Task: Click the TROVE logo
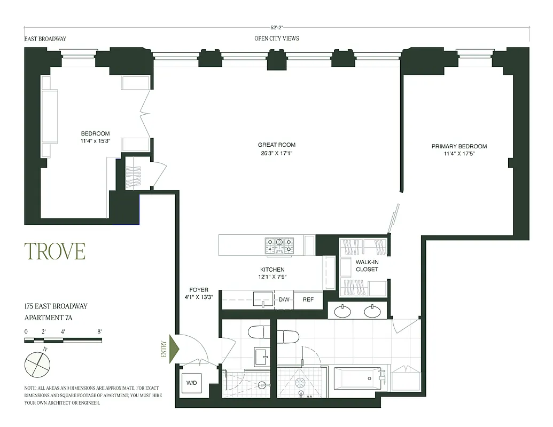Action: tap(54, 251)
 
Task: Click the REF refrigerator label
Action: tap(308, 300)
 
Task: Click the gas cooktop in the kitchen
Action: tap(279, 245)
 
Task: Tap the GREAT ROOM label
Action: tap(276, 145)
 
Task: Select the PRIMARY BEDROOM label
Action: tap(459, 146)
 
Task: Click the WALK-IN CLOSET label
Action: tap(367, 266)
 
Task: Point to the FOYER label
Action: tap(198, 290)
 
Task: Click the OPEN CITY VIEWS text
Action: tap(276, 38)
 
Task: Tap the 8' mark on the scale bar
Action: tap(99, 331)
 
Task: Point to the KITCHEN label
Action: tap(272, 270)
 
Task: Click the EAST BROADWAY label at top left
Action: tap(45, 39)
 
